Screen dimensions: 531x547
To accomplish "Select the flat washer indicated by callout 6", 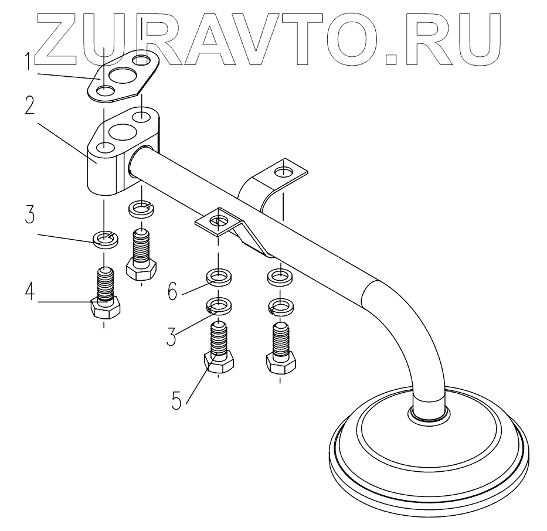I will click(x=218, y=275).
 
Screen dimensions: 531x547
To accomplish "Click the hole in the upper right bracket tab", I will click(x=284, y=171).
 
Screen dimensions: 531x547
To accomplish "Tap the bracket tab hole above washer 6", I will click(x=218, y=221).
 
